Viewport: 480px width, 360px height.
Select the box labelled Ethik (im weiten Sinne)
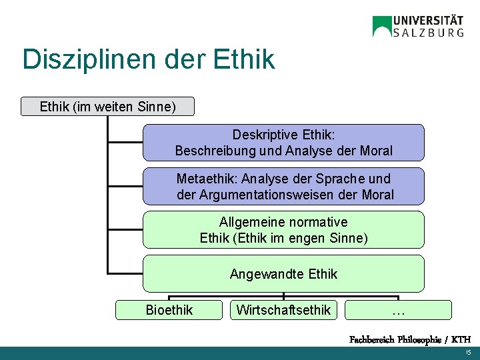[107, 106]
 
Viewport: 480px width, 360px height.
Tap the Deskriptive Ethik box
[283, 143]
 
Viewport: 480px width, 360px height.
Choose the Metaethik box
[283, 187]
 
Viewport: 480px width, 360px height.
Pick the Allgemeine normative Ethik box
[283, 230]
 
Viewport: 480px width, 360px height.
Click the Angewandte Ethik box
[283, 273]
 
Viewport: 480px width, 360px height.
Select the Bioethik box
[169, 310]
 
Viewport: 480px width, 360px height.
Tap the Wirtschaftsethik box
[283, 310]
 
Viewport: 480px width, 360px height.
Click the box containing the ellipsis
[398, 310]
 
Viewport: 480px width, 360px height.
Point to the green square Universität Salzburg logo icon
[382, 26]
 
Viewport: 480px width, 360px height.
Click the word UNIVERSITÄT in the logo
[429, 20]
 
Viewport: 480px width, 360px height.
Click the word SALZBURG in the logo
[429, 32]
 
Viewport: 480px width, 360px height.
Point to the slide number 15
[468, 352]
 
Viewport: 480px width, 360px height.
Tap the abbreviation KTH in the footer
[460, 339]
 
